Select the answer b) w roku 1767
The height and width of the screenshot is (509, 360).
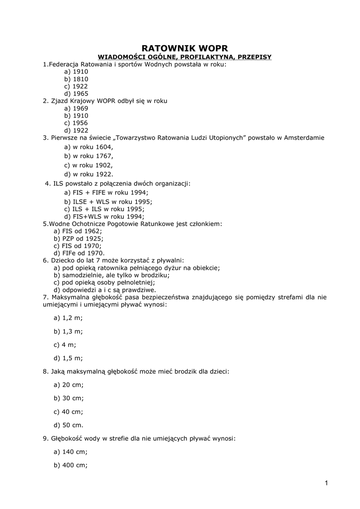tap(89, 156)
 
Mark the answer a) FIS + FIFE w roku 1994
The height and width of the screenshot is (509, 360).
tap(106, 192)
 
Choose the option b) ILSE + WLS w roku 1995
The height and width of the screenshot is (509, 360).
tap(108, 202)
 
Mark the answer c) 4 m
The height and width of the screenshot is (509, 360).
tap(65, 344)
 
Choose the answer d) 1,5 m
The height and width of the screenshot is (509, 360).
tap(68, 358)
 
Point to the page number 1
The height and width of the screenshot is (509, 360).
tap(327, 483)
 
